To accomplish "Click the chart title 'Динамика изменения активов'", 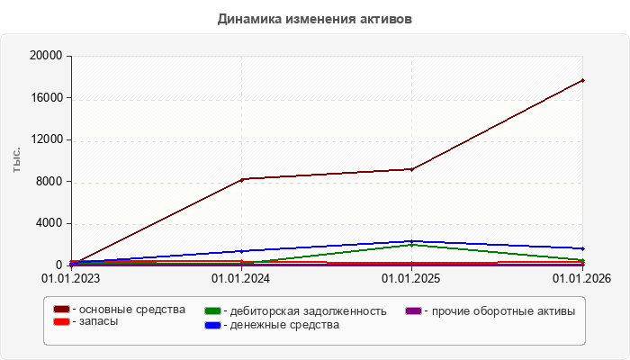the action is click(315, 19).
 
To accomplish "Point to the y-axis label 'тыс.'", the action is click(16, 160).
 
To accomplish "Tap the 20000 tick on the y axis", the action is click(46, 56).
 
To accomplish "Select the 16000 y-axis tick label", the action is click(47, 97).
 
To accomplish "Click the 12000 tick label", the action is click(47, 139).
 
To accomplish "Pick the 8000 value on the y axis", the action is click(49, 181).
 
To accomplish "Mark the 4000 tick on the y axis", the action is click(49, 223).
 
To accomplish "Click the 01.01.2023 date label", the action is click(71, 278).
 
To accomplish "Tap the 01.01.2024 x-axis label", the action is click(240, 278).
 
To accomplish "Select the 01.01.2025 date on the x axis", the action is click(410, 278).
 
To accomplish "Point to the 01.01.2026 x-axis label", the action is click(581, 278).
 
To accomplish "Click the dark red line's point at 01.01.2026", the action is click(582, 81).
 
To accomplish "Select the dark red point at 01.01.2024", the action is click(242, 180).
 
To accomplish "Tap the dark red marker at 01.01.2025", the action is click(412, 169).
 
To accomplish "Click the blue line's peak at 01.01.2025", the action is click(412, 241).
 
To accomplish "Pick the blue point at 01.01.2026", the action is click(582, 248).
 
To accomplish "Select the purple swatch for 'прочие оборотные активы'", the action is click(413, 311).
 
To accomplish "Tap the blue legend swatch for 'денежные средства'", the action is click(212, 325).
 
